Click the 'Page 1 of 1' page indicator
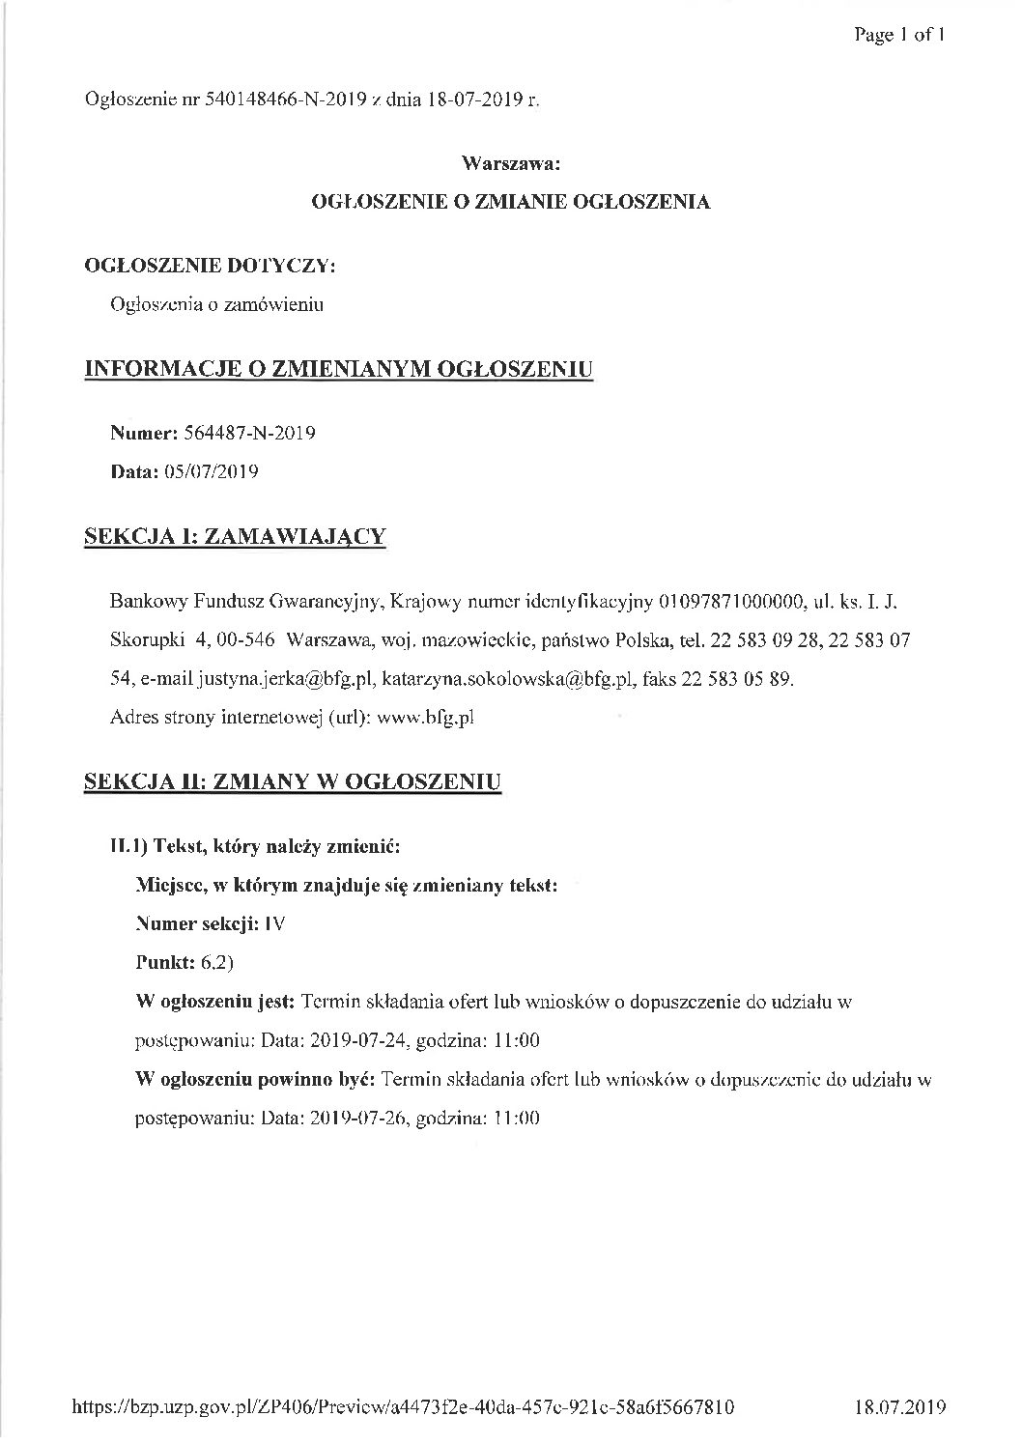pos(897,36)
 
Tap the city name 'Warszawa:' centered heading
pos(511,163)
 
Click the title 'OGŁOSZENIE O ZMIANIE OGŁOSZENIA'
pos(510,202)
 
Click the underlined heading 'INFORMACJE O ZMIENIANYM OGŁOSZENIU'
pos(339,369)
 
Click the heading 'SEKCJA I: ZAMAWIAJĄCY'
pos(236,536)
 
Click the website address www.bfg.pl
pos(425,718)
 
